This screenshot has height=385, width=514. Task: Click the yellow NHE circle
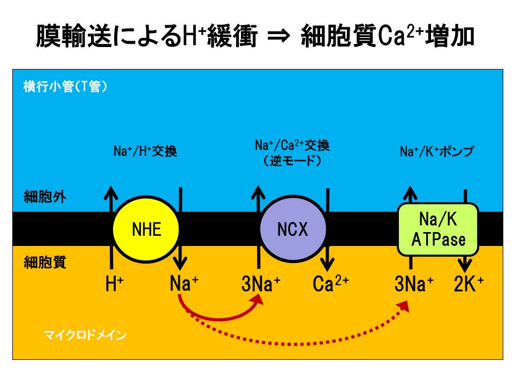point(146,229)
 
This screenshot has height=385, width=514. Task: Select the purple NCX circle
point(292,229)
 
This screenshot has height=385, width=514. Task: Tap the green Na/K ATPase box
point(437,229)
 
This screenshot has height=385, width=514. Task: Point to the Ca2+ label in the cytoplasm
point(330,284)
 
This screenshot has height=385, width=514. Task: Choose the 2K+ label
point(468,284)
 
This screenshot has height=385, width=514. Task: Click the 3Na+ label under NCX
point(261,284)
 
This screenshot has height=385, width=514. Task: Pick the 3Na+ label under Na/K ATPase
point(414,284)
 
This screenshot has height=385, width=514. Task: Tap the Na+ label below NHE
point(184,284)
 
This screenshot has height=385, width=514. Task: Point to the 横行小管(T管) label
point(65,87)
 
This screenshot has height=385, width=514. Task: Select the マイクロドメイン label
point(85,336)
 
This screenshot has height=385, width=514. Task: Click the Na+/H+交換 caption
point(145,152)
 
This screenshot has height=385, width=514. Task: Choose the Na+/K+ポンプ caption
point(437,152)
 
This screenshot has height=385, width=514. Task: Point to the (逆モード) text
point(292,160)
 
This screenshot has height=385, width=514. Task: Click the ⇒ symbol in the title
point(278,38)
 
